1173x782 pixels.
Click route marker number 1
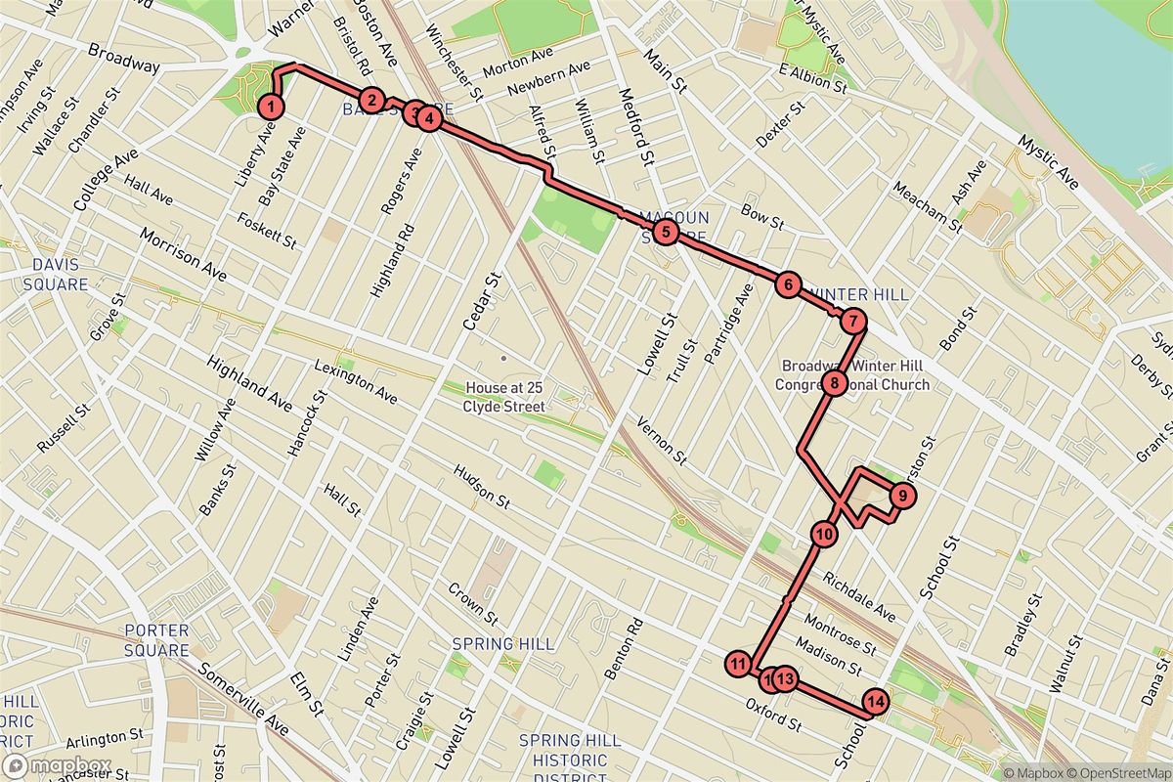pos(271,107)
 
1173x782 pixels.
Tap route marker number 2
pos(370,99)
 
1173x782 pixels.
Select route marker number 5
pos(665,232)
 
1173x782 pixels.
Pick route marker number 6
pos(787,284)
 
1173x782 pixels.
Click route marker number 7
pos(852,320)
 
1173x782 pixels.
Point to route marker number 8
pos(833,383)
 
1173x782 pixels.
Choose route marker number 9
pos(902,496)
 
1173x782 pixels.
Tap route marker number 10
pos(824,534)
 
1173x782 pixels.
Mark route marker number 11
pos(738,665)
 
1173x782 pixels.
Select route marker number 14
pos(876,701)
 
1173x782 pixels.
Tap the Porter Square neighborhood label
pos(157,640)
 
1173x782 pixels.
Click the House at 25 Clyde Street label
pos(503,397)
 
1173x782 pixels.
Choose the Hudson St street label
pos(481,486)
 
